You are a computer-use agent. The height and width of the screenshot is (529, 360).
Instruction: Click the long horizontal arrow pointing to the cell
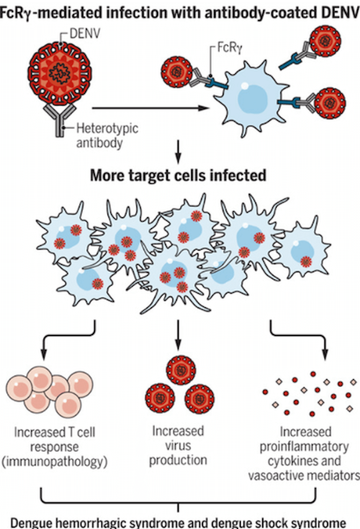click(x=150, y=108)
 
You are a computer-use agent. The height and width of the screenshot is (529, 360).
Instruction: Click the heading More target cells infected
click(x=178, y=176)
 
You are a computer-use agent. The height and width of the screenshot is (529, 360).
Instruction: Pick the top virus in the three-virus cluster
click(x=180, y=369)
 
